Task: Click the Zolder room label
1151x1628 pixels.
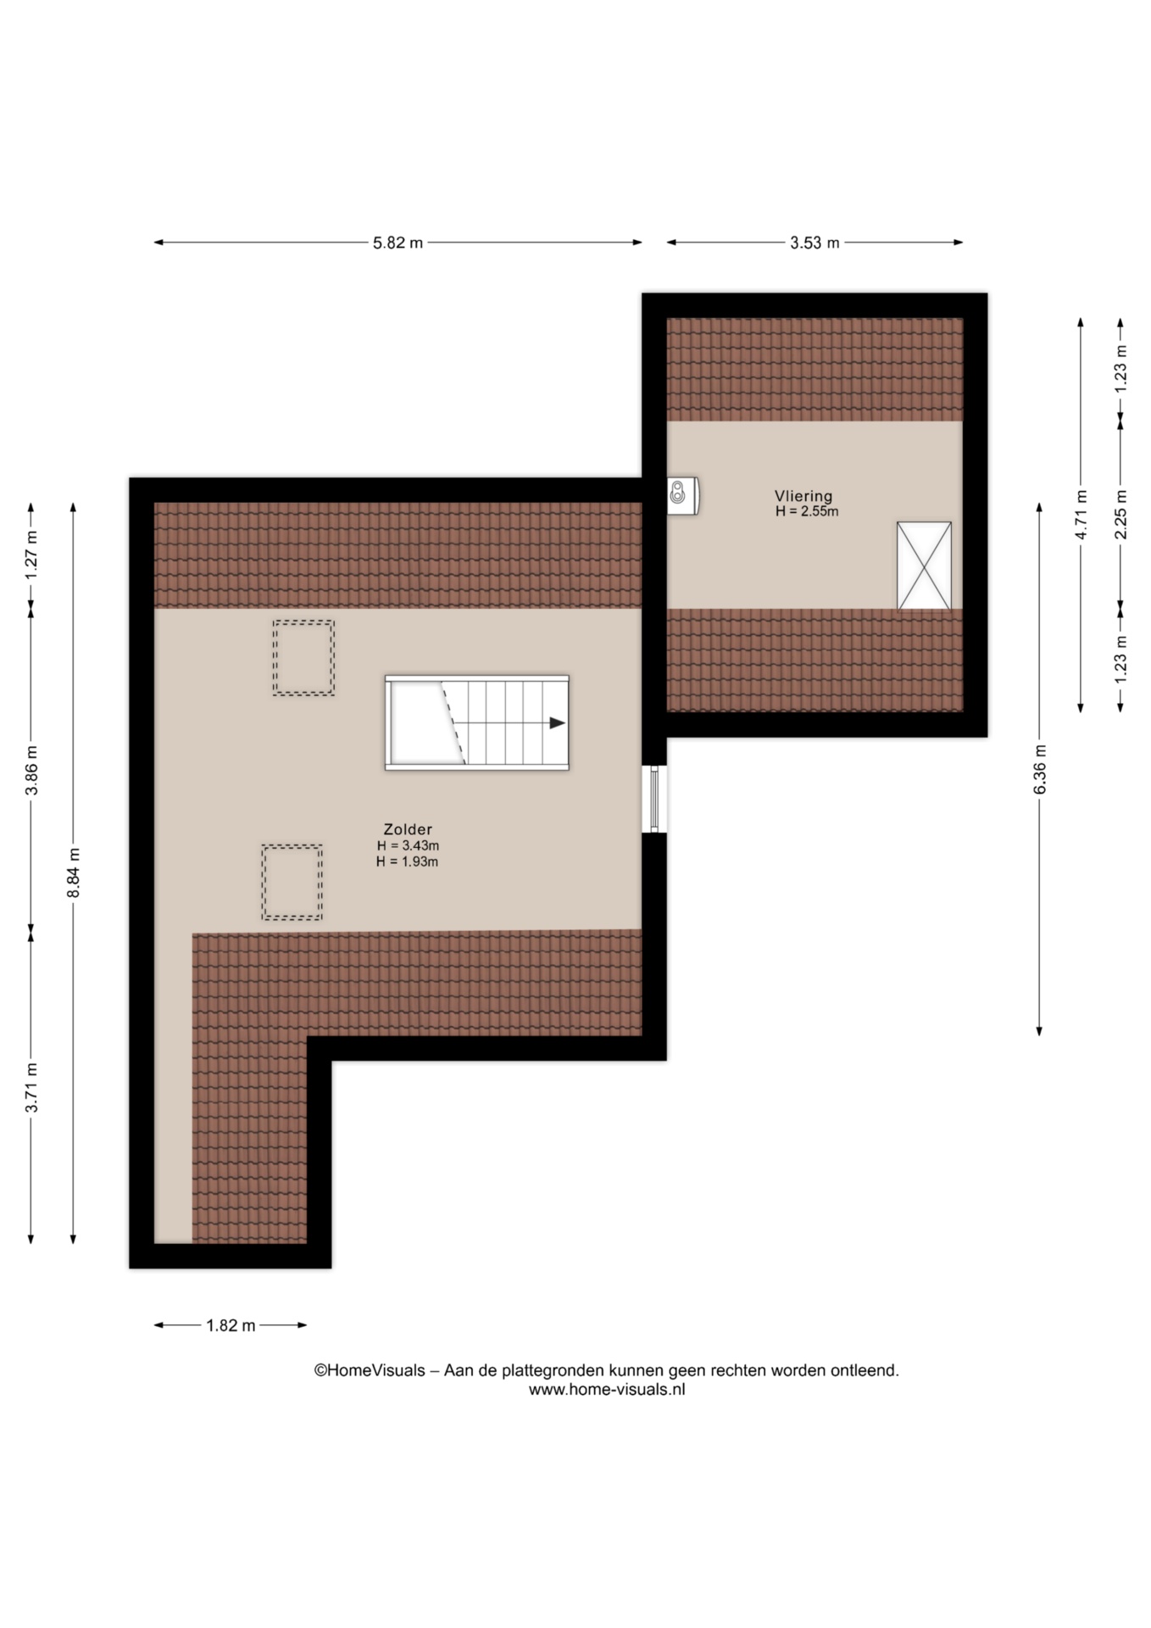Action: click(408, 829)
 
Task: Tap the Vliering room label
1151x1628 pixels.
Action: click(803, 496)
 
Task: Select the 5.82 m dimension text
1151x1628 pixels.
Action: click(398, 243)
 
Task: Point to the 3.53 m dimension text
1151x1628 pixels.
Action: click(815, 243)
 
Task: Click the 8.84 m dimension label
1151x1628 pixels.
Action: click(74, 873)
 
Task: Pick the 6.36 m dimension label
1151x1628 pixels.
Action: click(1040, 770)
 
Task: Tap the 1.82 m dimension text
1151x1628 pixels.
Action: click(231, 1325)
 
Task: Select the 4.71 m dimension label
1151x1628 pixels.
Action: click(1081, 515)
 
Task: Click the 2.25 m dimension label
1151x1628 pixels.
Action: click(1120, 515)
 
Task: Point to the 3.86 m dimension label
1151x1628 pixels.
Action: click(31, 771)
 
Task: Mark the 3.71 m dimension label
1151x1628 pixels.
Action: click(31, 1088)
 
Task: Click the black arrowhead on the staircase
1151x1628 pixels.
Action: click(557, 723)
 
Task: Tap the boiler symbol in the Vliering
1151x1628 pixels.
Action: click(682, 495)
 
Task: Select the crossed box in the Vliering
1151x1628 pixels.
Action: click(924, 566)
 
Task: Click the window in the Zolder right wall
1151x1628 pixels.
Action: click(654, 799)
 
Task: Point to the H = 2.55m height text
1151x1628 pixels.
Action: click(807, 511)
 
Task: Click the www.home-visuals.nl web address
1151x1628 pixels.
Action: click(607, 1390)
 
